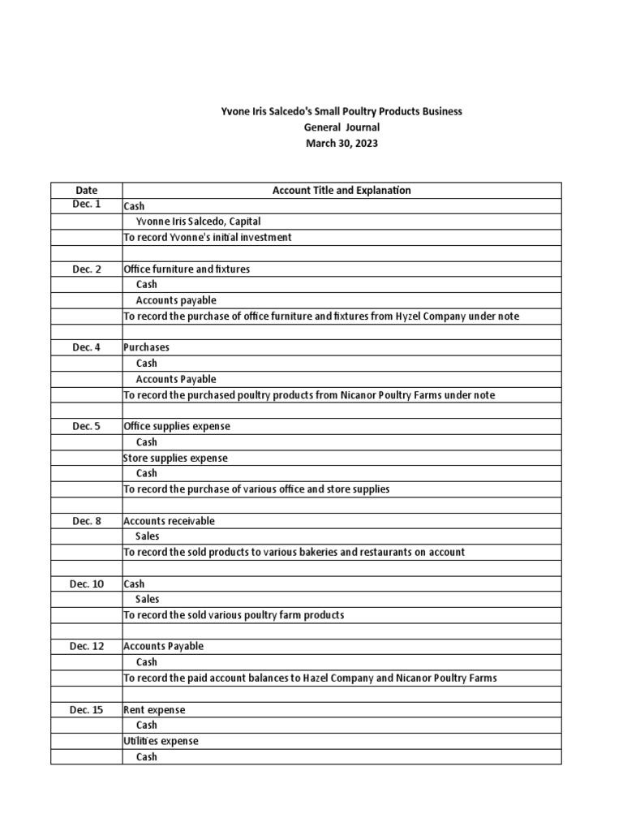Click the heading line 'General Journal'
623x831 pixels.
point(342,127)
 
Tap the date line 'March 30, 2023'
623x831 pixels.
point(342,144)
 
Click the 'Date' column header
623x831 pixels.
point(86,190)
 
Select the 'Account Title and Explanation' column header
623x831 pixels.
point(342,190)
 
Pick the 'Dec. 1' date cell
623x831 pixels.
point(86,205)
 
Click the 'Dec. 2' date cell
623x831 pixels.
point(86,269)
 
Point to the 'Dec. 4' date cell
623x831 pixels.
point(86,347)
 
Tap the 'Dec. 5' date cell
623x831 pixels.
point(86,426)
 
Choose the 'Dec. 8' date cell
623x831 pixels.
point(86,520)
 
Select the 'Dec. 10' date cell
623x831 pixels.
point(86,583)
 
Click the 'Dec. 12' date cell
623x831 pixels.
point(86,646)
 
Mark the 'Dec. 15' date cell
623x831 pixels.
point(86,709)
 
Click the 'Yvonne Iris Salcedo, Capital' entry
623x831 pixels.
point(198,222)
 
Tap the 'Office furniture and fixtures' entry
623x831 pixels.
point(187,269)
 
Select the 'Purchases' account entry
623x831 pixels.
point(146,347)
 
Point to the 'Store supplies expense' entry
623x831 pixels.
point(175,458)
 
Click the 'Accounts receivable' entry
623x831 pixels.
point(169,521)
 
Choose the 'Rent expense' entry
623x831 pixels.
point(154,710)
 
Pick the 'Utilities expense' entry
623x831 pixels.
point(161,741)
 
